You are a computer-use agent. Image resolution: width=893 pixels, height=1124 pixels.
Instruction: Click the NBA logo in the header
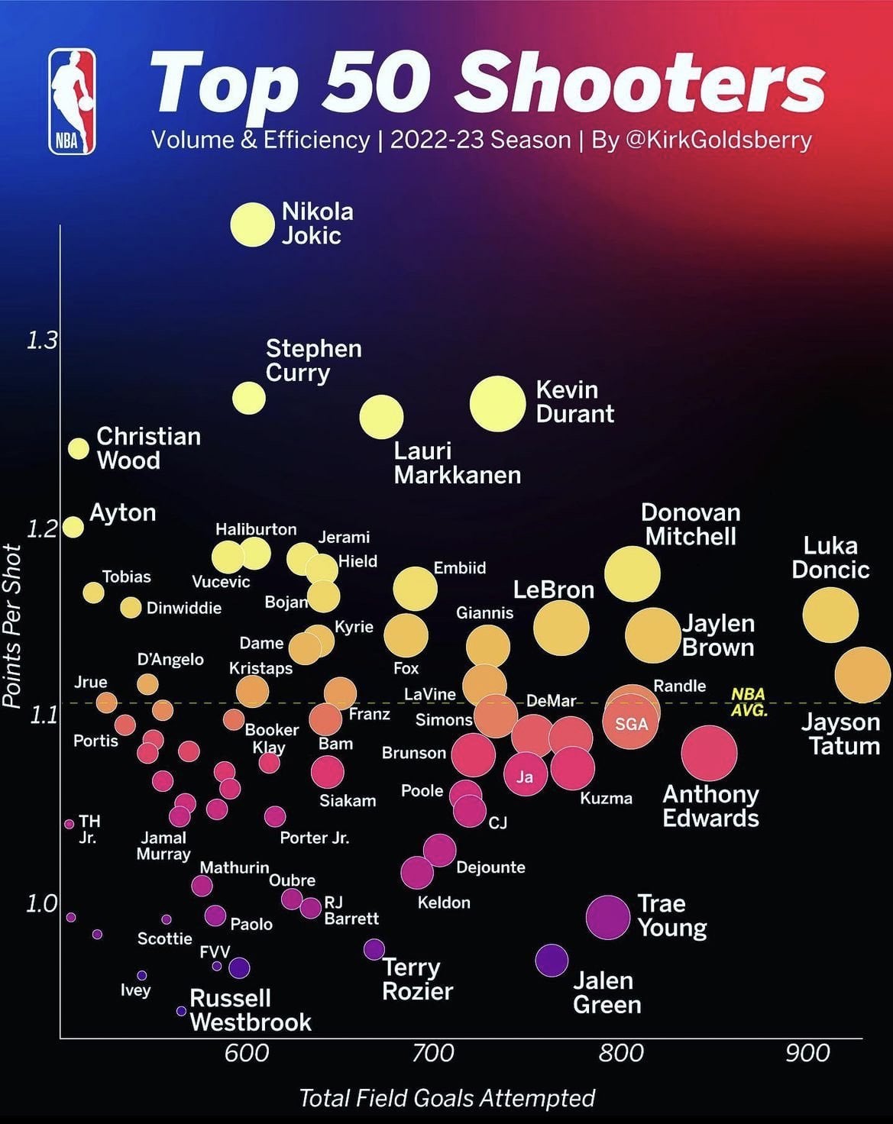pyautogui.click(x=73, y=102)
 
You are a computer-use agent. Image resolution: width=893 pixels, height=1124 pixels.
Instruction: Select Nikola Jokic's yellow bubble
pyautogui.click(x=252, y=224)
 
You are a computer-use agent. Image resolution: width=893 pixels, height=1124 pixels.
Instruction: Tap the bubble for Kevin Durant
pyautogui.click(x=497, y=404)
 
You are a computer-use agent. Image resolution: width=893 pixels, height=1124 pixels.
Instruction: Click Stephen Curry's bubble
pyautogui.click(x=249, y=398)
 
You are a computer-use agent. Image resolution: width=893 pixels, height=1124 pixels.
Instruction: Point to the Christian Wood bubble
pyautogui.click(x=79, y=448)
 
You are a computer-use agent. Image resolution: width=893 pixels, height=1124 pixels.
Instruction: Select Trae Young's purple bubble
pyautogui.click(x=608, y=917)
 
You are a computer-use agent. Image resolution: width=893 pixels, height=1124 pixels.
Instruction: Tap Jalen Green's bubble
pyautogui.click(x=552, y=960)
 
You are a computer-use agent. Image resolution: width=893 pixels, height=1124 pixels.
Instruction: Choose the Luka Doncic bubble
pyautogui.click(x=830, y=615)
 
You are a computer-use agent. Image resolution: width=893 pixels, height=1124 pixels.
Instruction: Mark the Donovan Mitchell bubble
pyautogui.click(x=633, y=573)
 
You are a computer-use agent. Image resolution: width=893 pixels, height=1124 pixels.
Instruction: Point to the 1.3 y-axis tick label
pyautogui.click(x=42, y=341)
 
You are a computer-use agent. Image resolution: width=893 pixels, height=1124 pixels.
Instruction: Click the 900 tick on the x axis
pyautogui.click(x=807, y=1054)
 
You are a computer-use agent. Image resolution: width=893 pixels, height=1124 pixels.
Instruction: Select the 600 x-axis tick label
pyautogui.click(x=247, y=1054)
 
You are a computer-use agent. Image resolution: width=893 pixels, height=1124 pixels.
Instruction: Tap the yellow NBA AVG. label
pyautogui.click(x=749, y=702)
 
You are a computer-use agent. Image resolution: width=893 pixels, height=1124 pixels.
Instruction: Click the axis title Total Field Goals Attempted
pyautogui.click(x=447, y=1098)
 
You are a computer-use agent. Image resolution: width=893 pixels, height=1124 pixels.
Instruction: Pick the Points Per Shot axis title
pyautogui.click(x=12, y=626)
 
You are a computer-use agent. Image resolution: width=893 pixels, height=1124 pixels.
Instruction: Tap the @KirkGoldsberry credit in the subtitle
pyautogui.click(x=718, y=140)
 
